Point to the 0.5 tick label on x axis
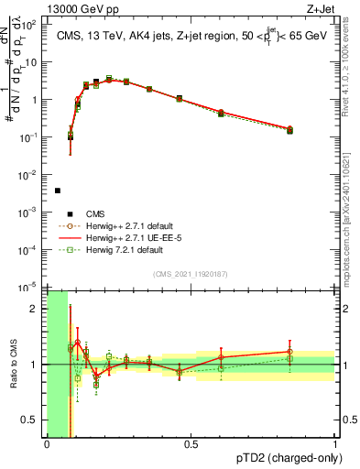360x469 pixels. [191, 444]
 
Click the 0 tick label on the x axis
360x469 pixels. [47, 444]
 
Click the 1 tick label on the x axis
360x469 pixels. [335, 444]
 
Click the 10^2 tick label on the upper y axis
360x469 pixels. [31, 25]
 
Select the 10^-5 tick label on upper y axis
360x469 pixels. [31, 288]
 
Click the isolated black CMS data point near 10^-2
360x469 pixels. [58, 191]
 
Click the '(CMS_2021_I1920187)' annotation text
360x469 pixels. [191, 274]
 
